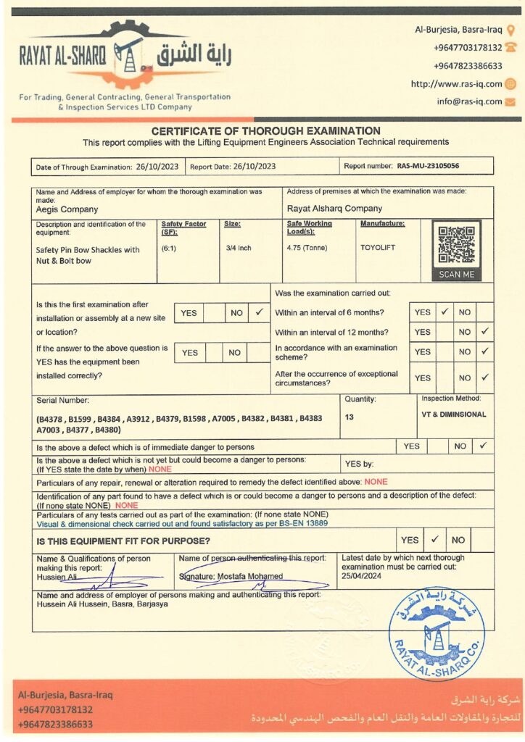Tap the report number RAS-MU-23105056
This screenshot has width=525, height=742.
(x=428, y=166)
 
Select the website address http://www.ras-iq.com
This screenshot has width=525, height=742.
(x=456, y=84)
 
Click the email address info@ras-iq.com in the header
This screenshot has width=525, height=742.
(x=469, y=101)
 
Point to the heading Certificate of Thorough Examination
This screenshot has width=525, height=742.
(x=265, y=130)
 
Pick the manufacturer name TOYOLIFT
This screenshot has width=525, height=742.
(x=378, y=247)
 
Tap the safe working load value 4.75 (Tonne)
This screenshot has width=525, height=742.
(x=307, y=248)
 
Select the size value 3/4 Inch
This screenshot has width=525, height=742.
(x=238, y=248)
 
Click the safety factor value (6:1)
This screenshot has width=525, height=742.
(x=170, y=248)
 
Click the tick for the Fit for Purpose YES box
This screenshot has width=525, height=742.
(x=434, y=540)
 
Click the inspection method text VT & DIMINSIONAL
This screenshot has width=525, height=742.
(x=453, y=414)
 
